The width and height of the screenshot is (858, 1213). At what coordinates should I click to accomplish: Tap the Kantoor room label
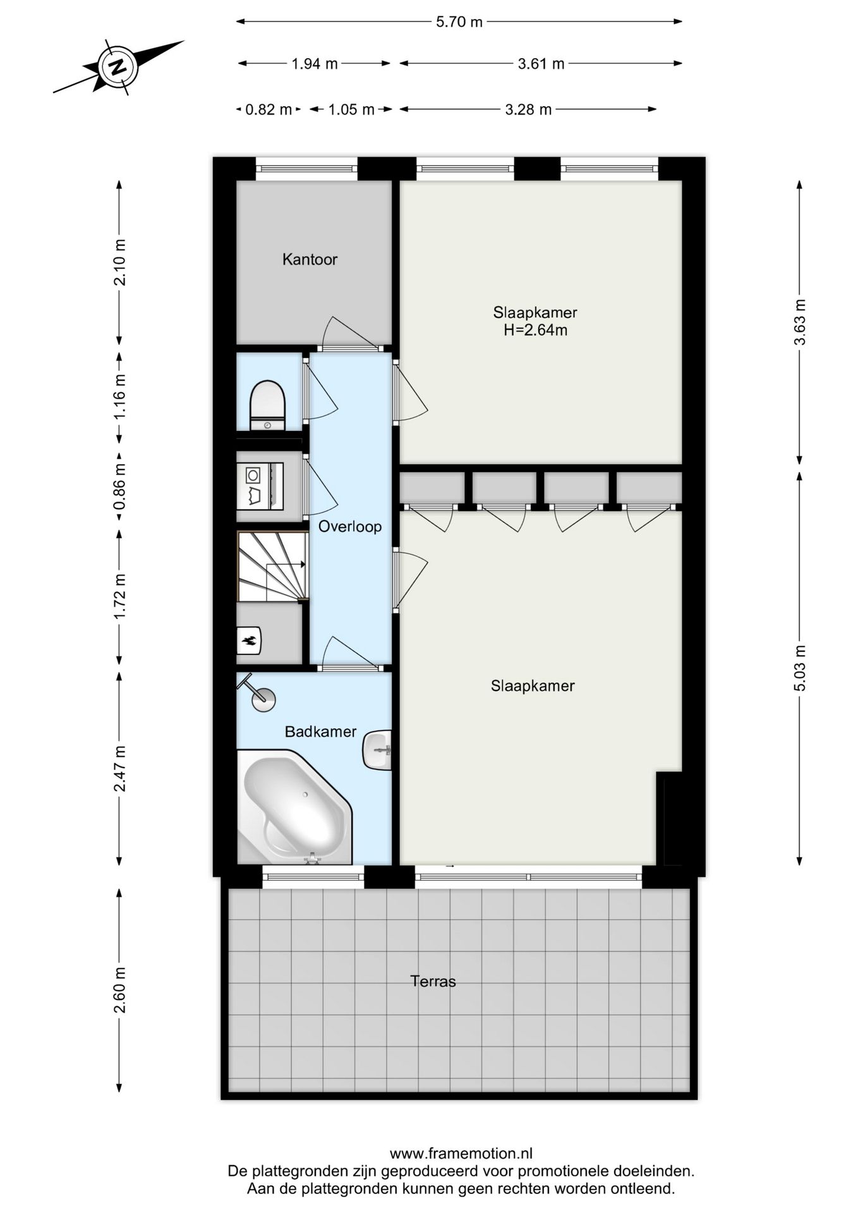(x=310, y=259)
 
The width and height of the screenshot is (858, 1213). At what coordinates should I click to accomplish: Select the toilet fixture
(x=268, y=405)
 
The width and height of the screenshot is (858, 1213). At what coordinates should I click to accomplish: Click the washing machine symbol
(x=260, y=485)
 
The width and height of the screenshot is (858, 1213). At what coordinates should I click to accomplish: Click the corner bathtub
(x=294, y=806)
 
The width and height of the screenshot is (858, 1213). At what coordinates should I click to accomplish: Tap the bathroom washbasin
(x=377, y=750)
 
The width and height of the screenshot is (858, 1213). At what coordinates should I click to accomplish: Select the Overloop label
(x=349, y=526)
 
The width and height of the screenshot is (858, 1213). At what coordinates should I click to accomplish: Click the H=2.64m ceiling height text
(x=535, y=330)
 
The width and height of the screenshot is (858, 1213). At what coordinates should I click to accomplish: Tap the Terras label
(x=433, y=981)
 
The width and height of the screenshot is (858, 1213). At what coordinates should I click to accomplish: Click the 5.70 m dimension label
(x=459, y=22)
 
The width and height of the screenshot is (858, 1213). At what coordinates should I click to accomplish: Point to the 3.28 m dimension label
(x=528, y=110)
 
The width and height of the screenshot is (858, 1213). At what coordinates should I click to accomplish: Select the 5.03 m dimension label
(x=800, y=668)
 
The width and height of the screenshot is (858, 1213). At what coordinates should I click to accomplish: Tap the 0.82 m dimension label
(x=269, y=110)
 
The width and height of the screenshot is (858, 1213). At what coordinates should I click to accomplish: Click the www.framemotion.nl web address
(x=461, y=1154)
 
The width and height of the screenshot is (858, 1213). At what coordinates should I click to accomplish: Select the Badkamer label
(x=320, y=732)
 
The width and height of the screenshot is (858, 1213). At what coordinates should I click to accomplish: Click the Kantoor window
(x=306, y=169)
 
